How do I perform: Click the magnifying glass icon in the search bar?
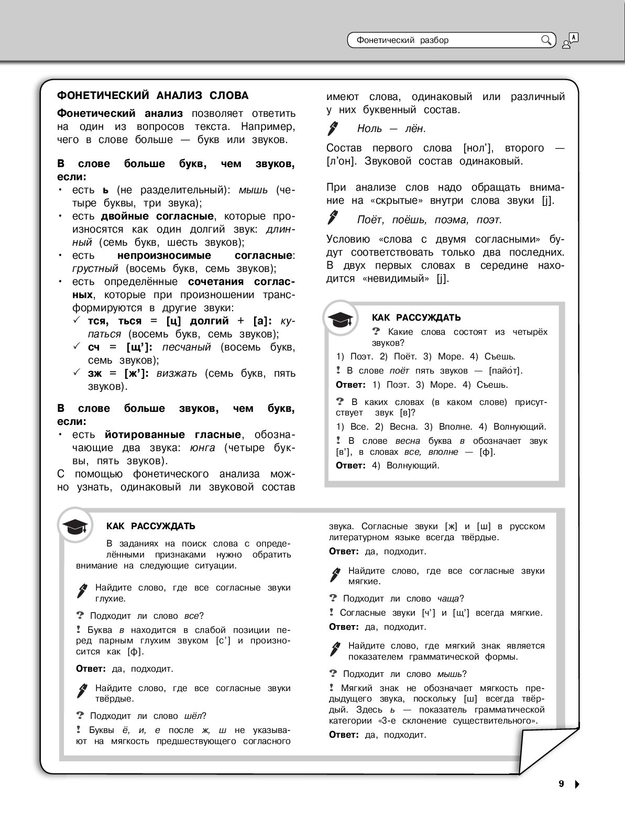(x=546, y=40)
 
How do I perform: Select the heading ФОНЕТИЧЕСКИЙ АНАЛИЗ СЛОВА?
(x=152, y=95)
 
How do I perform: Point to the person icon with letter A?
(x=570, y=40)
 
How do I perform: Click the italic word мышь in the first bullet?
(x=253, y=190)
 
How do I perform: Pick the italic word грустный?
(x=95, y=269)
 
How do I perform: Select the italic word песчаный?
(x=187, y=347)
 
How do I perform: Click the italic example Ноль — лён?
(x=391, y=128)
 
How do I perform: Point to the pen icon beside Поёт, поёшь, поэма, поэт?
(x=333, y=218)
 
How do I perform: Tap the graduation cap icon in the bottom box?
(x=75, y=526)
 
